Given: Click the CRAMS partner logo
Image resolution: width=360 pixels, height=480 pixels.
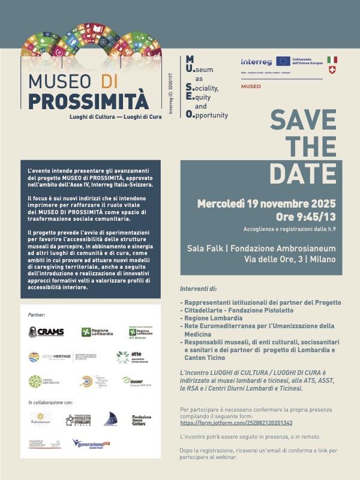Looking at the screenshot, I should pos(46,332).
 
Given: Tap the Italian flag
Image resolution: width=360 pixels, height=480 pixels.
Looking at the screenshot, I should pos(332,60).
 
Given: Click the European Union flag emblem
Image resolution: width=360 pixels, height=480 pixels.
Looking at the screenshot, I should pos(283,61).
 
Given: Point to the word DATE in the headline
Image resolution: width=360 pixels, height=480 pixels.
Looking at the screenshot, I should pos(303,172).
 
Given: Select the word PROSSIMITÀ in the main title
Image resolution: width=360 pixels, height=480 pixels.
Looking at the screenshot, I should pos(88,100).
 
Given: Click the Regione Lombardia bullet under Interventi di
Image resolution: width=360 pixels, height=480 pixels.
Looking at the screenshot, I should pos(209,318).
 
